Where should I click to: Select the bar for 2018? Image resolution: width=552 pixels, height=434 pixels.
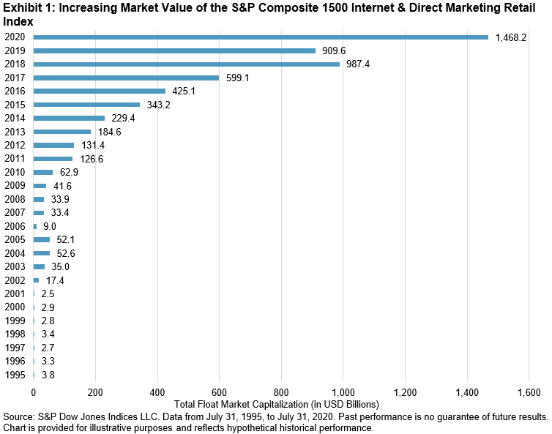(187, 64)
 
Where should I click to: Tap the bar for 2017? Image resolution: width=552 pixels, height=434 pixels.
(126, 78)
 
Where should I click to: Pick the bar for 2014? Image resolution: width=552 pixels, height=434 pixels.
(69, 118)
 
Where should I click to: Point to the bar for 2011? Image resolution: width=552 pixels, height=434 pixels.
(53, 159)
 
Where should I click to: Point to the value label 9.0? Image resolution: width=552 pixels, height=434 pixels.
(49, 226)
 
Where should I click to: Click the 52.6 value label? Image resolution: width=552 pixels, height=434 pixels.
(65, 253)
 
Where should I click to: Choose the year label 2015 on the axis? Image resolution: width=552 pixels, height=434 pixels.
(14, 105)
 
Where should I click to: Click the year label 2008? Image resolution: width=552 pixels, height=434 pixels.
(14, 200)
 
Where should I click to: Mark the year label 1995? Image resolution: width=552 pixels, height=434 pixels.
(14, 375)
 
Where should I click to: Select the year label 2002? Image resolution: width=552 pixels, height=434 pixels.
(14, 281)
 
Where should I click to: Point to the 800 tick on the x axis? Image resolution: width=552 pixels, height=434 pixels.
(281, 392)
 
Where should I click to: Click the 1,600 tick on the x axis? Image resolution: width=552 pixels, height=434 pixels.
(529, 392)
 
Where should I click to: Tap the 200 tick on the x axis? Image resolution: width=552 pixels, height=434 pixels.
(95, 392)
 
